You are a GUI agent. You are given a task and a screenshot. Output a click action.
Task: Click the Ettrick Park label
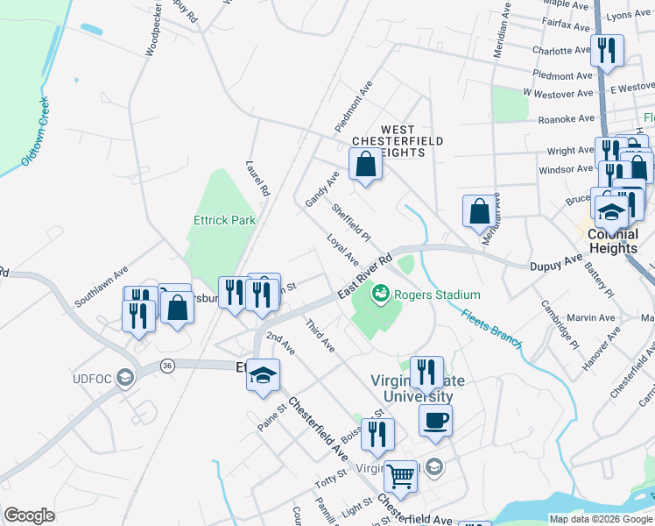point(225,220)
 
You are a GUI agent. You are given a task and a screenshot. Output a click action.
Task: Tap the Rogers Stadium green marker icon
point(381,293)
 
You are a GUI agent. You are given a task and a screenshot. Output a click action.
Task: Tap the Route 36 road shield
point(167,364)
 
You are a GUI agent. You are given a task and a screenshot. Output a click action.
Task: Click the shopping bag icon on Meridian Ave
point(479,210)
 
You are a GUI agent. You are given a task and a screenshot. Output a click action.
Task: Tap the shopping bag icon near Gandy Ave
point(365,162)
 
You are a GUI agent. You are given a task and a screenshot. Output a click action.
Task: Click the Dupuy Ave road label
point(556,263)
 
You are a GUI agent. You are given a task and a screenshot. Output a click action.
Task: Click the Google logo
point(30,515)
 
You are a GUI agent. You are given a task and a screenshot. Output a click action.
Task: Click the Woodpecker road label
point(153,33)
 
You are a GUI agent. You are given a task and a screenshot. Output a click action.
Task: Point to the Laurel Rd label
point(258,176)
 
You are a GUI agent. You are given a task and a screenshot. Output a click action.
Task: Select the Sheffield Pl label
point(351,224)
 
